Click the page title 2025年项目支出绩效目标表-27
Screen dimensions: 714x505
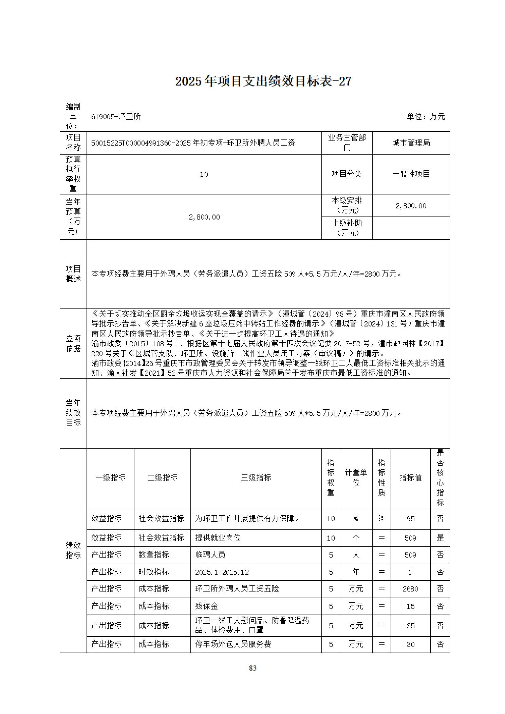pyautogui.click(x=263, y=81)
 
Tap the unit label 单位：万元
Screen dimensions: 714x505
pyautogui.click(x=426, y=116)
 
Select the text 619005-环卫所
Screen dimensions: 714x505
pyautogui.click(x=116, y=117)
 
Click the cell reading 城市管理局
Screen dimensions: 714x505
pyautogui.click(x=411, y=143)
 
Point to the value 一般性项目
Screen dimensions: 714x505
pyautogui.click(x=411, y=174)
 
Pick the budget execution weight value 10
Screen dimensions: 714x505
pyautogui.click(x=204, y=174)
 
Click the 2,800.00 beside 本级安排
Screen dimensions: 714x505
pyautogui.click(x=411, y=206)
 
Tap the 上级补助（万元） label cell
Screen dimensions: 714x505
pyautogui.click(x=347, y=228)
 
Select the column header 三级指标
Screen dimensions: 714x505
pyautogui.click(x=256, y=478)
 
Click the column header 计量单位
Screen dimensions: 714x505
pyautogui.click(x=356, y=478)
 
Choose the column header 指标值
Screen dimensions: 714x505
pyautogui.click(x=410, y=478)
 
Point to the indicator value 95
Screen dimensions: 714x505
pyautogui.click(x=410, y=519)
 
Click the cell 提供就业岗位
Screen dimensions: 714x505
pyautogui.click(x=218, y=538)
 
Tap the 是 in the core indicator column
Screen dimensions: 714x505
pyautogui.click(x=440, y=538)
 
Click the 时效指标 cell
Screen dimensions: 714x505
pyautogui.click(x=154, y=572)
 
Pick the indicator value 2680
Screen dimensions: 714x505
pyautogui.click(x=410, y=589)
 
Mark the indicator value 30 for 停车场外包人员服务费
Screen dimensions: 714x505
pyautogui.click(x=410, y=644)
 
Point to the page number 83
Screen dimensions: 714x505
pyautogui.click(x=252, y=668)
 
